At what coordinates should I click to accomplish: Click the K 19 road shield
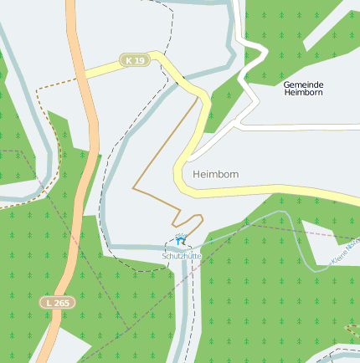(134, 60)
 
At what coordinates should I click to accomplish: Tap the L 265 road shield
(56, 303)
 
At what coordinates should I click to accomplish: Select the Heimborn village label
(215, 174)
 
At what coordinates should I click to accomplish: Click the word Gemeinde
(303, 85)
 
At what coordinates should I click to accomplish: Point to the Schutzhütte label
(181, 255)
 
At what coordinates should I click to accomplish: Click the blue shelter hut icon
(181, 241)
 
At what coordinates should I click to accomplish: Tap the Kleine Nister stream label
(345, 252)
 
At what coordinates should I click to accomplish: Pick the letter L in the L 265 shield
(49, 303)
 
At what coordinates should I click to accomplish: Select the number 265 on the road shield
(60, 303)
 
